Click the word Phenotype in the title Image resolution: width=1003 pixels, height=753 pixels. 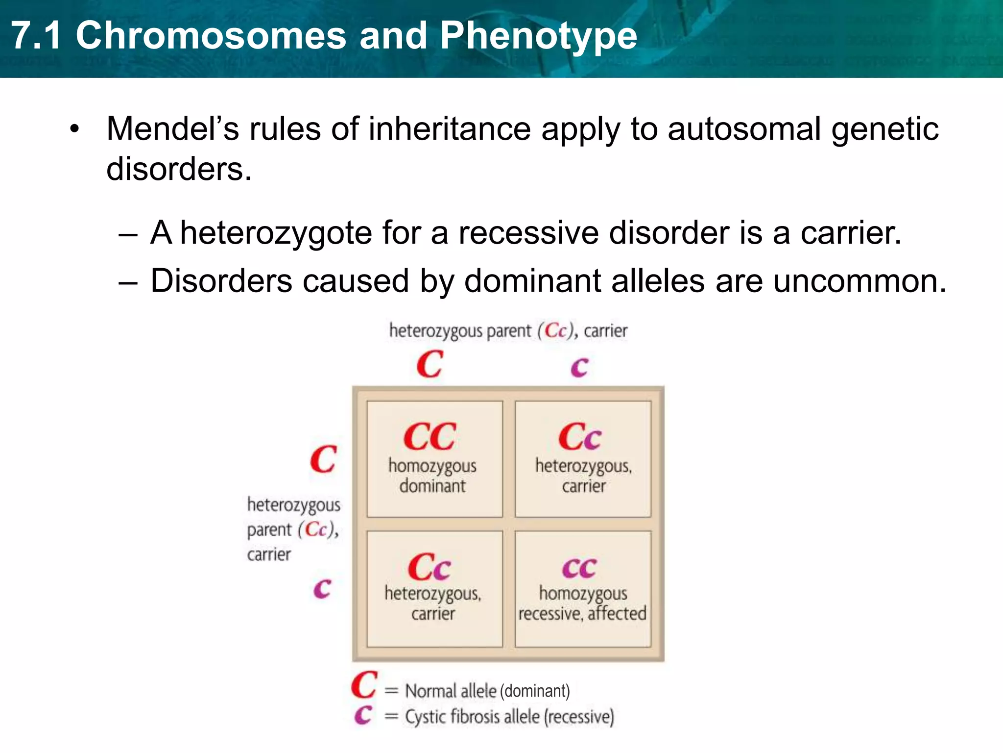(538, 36)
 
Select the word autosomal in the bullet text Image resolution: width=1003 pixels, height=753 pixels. (744, 129)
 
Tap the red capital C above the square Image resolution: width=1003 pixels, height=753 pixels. (430, 364)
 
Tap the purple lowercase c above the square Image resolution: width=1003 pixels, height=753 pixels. (579, 367)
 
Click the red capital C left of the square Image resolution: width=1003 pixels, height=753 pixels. (323, 459)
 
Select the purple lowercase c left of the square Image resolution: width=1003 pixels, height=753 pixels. (322, 588)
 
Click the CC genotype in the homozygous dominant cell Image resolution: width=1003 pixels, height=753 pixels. (430, 436)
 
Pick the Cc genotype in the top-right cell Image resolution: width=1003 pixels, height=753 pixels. (579, 436)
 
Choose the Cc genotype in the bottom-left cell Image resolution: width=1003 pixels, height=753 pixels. (429, 567)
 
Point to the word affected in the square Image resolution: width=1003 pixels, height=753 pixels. (617, 613)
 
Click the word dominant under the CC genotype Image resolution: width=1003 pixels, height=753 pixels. (432, 486)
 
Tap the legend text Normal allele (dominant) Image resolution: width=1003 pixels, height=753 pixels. (487, 691)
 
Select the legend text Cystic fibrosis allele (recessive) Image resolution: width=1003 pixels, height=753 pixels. (509, 717)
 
